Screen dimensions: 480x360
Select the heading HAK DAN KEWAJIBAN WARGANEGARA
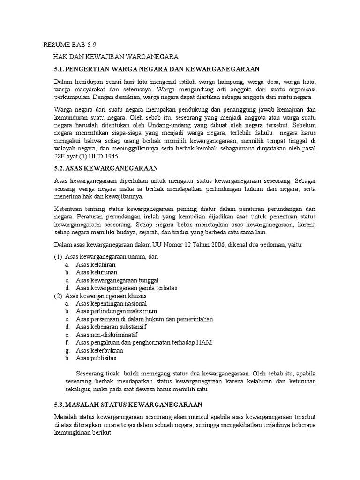pyautogui.click(x=115, y=57)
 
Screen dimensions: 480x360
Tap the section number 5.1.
pyautogui.click(x=60, y=69)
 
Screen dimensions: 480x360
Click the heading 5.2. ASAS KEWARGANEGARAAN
pyautogui.click(x=106, y=167)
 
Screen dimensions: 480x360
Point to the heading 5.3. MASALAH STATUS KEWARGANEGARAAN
pyautogui.click(x=128, y=404)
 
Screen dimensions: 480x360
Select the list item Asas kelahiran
pyautogui.click(x=96, y=264)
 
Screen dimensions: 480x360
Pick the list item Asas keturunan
pyautogui.click(x=97, y=272)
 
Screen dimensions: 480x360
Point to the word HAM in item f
pyautogui.click(x=205, y=343)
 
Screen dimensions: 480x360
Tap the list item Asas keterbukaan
pyautogui.click(x=99, y=350)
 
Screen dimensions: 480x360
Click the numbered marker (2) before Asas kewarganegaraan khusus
pyautogui.click(x=58, y=296)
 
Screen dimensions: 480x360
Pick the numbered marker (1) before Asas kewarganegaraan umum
pyautogui.click(x=58, y=256)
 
